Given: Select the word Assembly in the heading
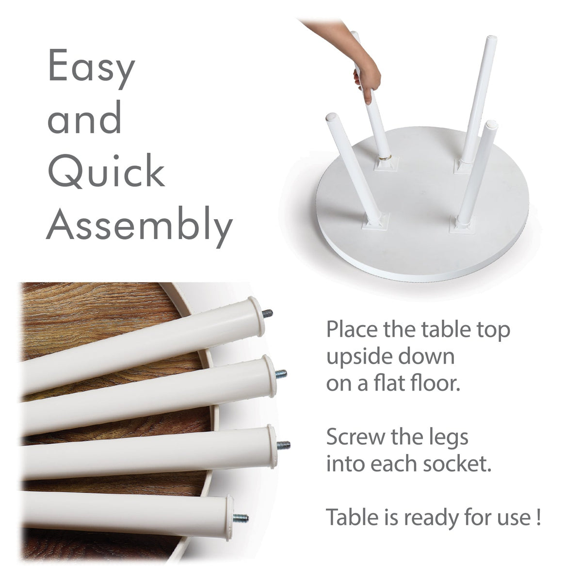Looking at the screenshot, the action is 139,224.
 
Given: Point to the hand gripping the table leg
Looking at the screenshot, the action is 368,79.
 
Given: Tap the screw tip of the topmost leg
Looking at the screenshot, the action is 268,313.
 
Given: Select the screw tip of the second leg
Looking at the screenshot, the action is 281,374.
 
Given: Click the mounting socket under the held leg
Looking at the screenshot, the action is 386,163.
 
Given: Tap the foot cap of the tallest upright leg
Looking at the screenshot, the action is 491,39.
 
